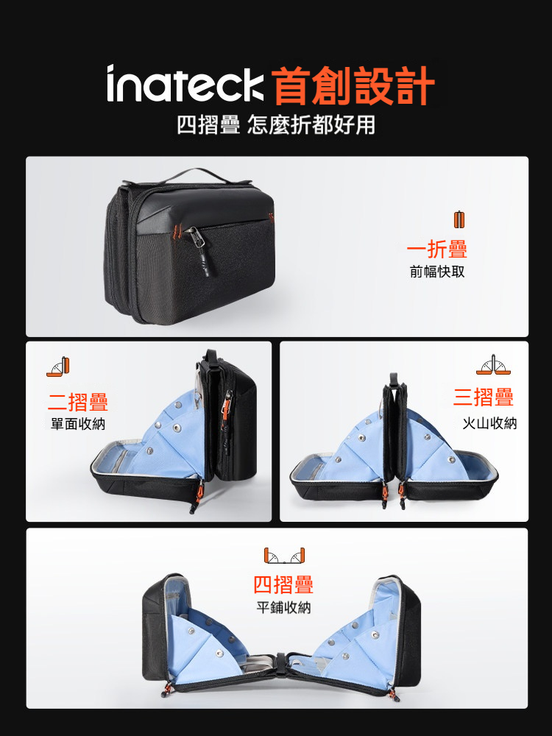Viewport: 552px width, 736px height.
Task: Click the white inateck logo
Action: click(185, 84)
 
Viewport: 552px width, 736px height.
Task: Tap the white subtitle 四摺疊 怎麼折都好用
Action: click(276, 125)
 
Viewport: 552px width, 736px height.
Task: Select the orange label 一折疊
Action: click(437, 249)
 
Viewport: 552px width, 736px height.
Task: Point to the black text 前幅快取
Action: click(437, 272)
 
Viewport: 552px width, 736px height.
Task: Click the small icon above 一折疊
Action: click(459, 219)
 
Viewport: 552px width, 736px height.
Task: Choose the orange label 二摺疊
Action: click(78, 402)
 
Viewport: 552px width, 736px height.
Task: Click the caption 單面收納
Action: click(78, 425)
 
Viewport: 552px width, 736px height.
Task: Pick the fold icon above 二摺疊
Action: click(57, 367)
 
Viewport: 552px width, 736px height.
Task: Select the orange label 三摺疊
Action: click(484, 397)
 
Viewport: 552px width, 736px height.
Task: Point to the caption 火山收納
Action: click(489, 423)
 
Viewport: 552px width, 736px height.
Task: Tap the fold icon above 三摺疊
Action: click(493, 365)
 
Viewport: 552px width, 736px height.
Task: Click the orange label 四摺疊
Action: click(283, 585)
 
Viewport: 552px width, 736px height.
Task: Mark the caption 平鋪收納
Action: click(283, 608)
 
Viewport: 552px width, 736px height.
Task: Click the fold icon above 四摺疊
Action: click(284, 556)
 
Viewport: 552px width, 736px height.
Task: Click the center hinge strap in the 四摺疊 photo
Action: click(280, 659)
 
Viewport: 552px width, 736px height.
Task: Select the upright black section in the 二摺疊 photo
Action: click(230, 418)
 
